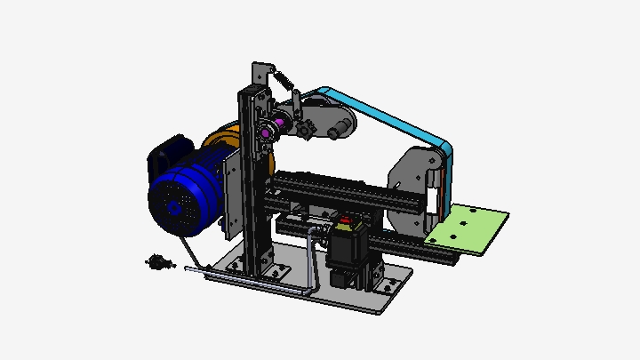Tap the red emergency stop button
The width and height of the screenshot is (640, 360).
click(x=346, y=220)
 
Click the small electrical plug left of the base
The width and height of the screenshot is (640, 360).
click(x=158, y=261)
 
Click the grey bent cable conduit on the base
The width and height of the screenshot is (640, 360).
click(x=310, y=258)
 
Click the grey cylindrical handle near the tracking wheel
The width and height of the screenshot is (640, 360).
click(x=339, y=132)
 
